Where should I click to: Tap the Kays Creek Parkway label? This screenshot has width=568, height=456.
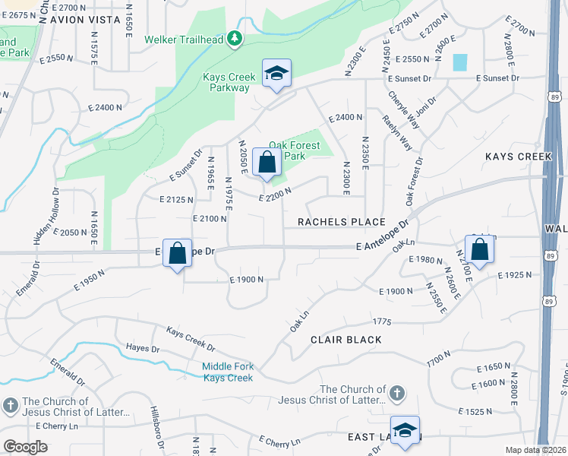tap(226, 82)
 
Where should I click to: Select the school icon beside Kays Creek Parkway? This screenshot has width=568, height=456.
tap(276, 74)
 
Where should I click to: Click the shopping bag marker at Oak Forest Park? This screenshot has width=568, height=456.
tap(267, 162)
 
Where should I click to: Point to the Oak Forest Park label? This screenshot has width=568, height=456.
tap(297, 150)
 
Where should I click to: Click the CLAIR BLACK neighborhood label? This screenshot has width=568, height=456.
tap(346, 340)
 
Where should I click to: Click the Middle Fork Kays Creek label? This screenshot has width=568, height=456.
tap(227, 372)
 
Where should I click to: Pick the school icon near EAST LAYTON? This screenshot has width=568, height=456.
tap(405, 431)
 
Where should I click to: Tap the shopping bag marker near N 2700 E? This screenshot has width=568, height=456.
tap(480, 249)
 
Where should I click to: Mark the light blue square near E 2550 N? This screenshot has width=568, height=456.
tap(460, 62)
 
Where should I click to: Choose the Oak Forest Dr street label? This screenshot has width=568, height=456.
tap(414, 182)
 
